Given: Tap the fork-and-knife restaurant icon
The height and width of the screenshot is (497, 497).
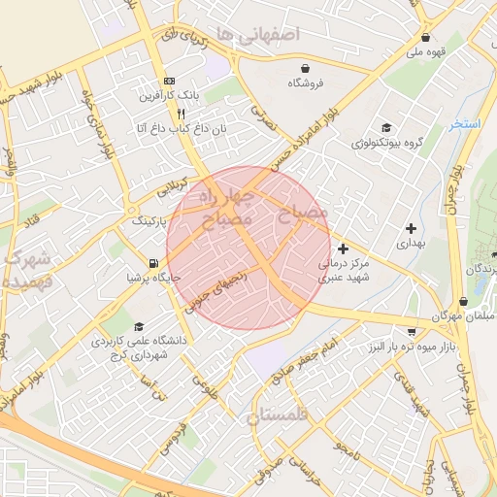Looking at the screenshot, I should pos(169,113).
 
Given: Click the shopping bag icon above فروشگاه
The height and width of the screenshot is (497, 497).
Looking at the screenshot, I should pos(307,68).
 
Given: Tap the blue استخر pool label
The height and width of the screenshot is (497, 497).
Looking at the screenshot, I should pos(465,124).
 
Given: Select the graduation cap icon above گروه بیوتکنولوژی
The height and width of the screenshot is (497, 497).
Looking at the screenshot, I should pos(387,128).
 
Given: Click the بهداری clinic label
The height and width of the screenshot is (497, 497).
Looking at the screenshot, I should pos(412,242).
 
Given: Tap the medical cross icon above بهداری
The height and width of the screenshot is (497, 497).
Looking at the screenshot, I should pos(412,227).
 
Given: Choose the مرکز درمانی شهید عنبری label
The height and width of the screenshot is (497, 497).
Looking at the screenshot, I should pos(343,270).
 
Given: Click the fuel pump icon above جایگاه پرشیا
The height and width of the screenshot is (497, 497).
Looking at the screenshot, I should pos(153,263).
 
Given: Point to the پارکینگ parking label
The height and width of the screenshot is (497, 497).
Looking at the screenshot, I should pos(149,220).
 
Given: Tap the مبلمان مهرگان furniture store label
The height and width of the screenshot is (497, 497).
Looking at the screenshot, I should pos(464,317).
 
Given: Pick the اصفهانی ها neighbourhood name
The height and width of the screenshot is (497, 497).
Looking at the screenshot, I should pos(260,35).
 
